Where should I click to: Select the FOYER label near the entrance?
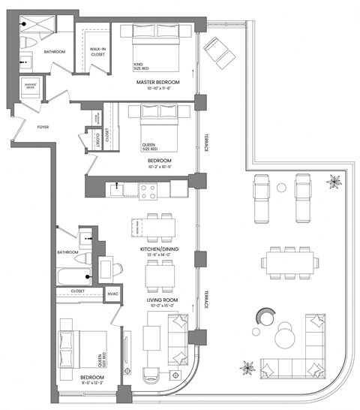coord(43,128)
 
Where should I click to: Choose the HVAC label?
coord(114,294)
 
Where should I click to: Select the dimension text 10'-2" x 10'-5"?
coord(160,167)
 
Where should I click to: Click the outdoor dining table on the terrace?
coord(289,264)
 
